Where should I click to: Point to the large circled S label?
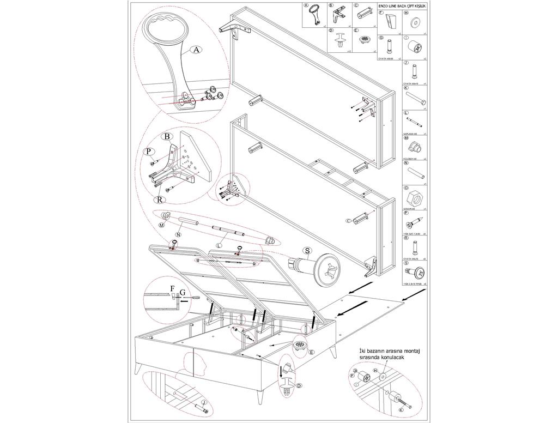pos(307,250)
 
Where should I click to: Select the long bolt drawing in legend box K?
pos(415,99)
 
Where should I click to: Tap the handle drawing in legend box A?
pos(315,17)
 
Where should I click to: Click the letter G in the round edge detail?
pos(183,293)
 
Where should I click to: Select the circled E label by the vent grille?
pos(311,353)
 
